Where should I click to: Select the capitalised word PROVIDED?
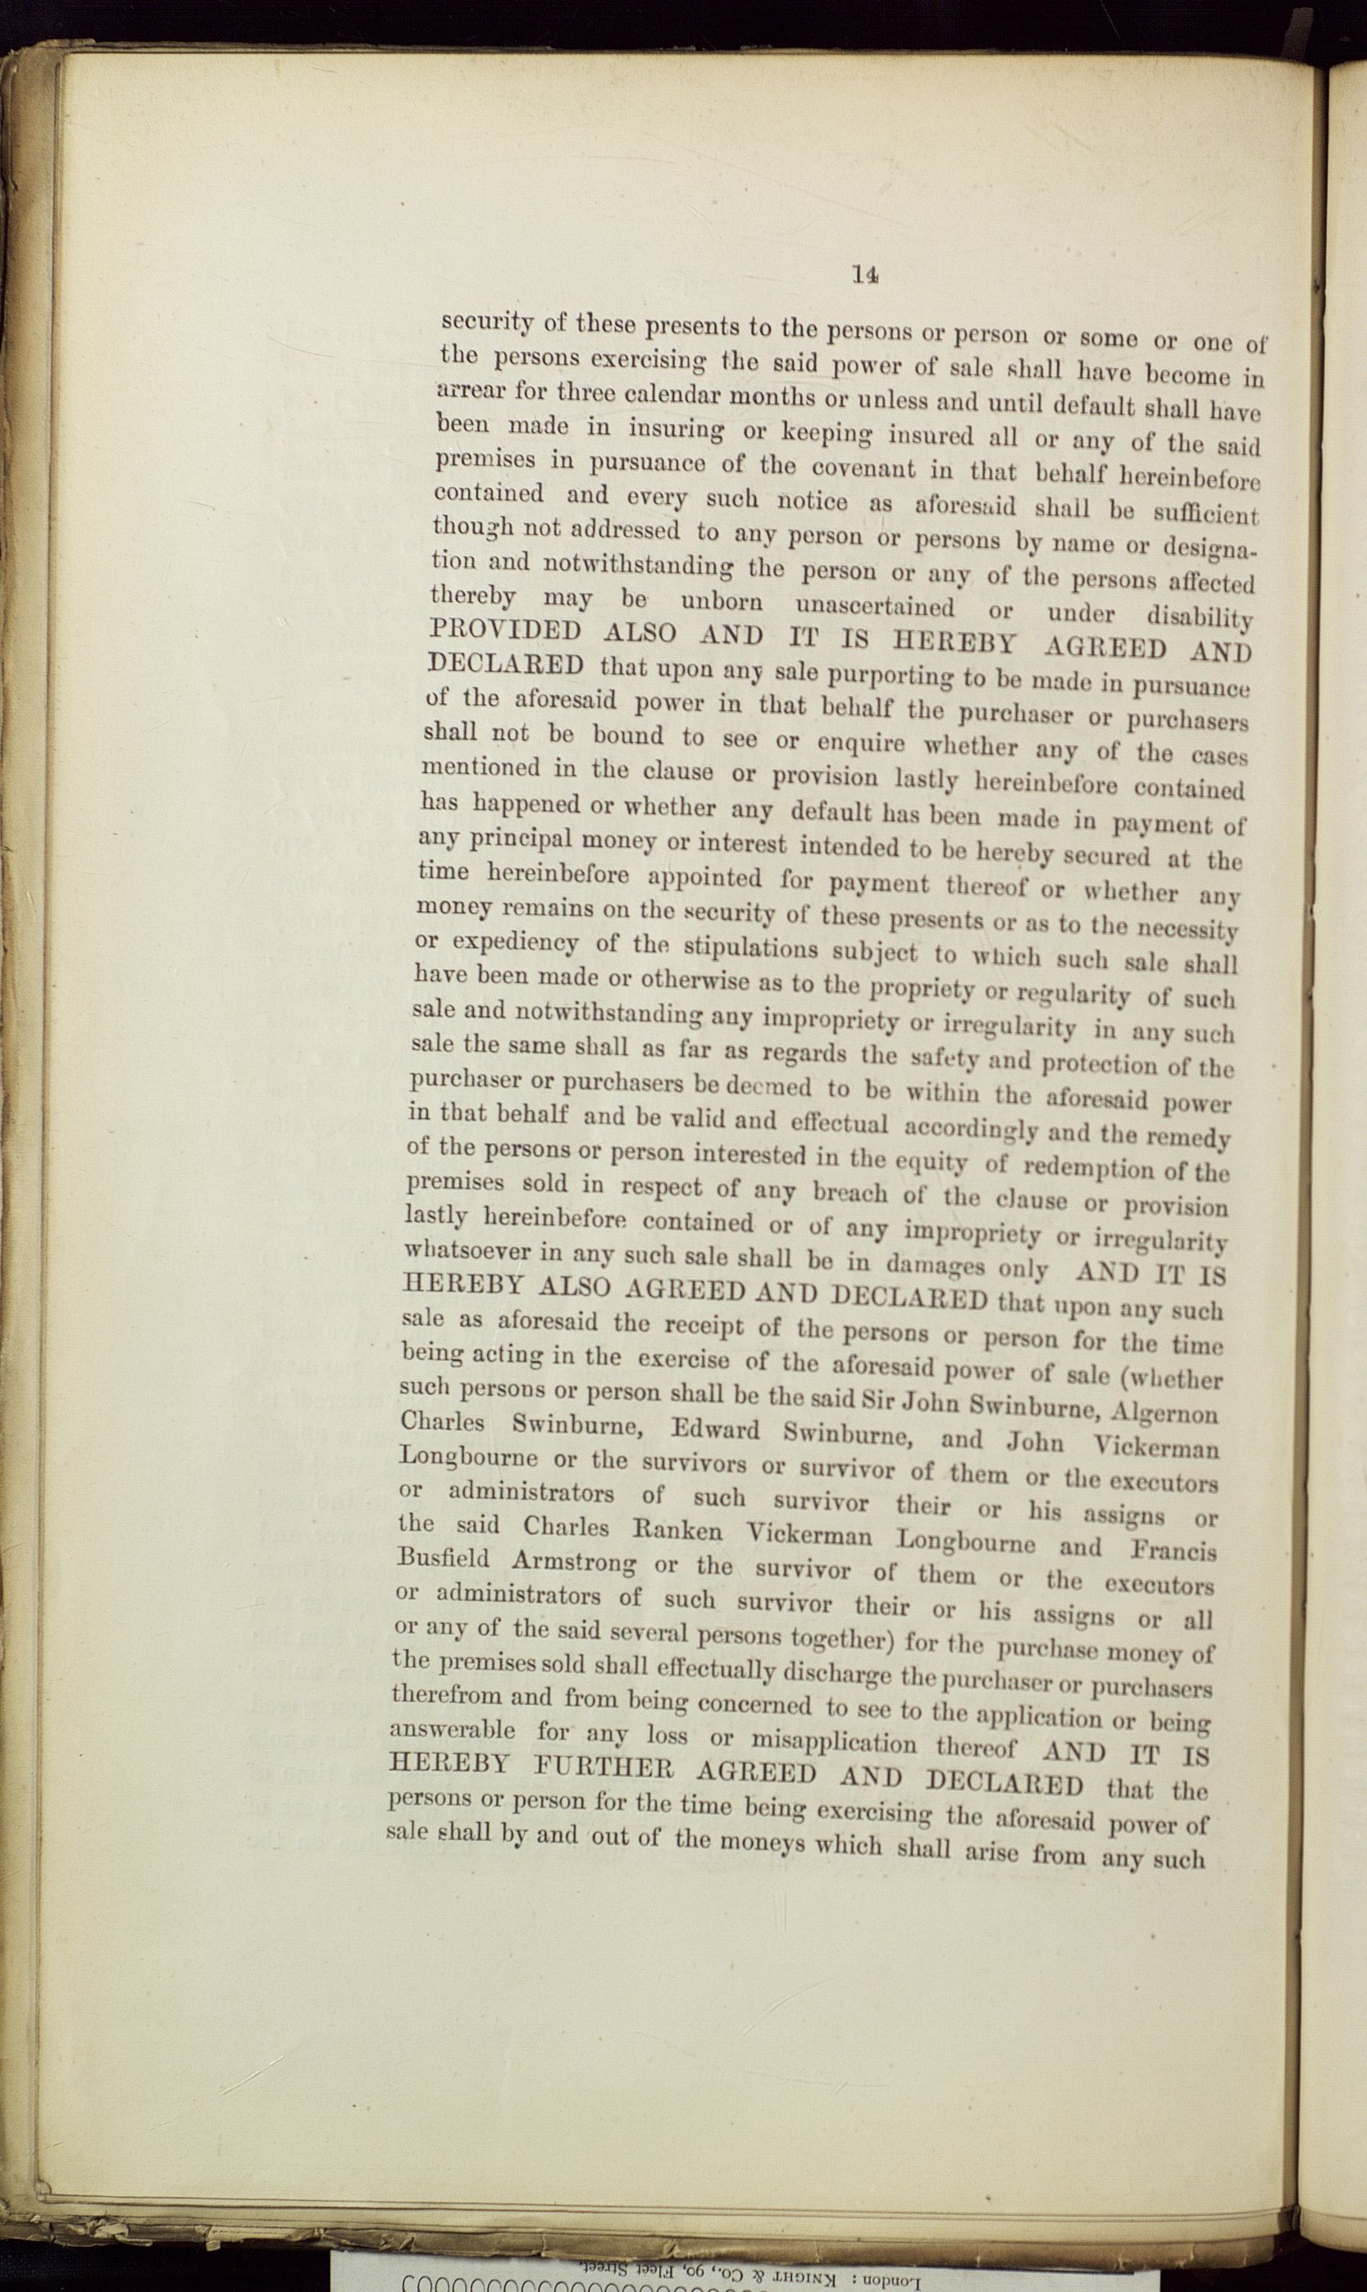pyautogui.click(x=506, y=633)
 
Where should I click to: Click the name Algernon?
pyautogui.click(x=1165, y=1411)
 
